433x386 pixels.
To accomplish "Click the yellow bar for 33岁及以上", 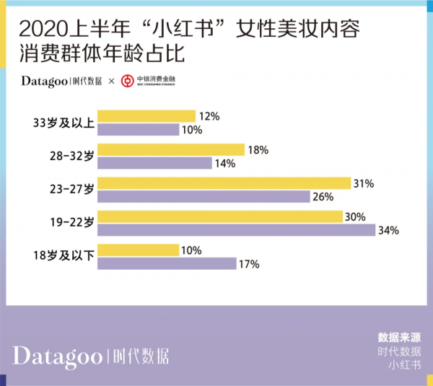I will (146, 116).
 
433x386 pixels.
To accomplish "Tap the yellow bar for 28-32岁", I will (171, 150).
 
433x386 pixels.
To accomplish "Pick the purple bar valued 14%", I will (154, 164).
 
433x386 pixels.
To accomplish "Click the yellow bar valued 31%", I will (224, 183).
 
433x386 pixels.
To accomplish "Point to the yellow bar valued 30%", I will (220, 216).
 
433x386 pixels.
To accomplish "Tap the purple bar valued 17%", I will (167, 263).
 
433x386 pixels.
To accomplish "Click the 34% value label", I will (390, 231).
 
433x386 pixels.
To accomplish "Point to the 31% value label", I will (364, 184).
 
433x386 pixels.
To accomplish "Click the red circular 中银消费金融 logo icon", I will (127, 81).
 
